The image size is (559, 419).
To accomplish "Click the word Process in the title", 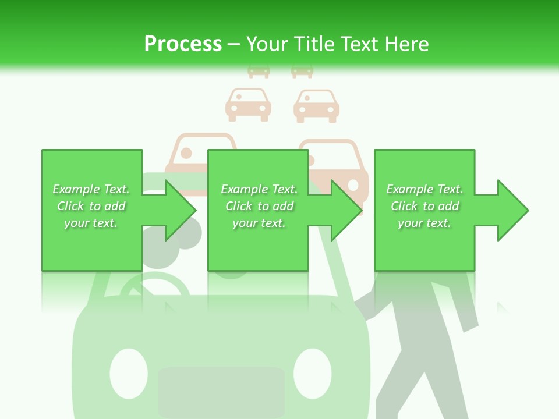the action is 183,44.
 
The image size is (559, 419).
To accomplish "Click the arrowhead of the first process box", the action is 181,210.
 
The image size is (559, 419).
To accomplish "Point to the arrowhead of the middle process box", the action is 346,210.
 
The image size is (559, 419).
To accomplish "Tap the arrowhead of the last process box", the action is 513,210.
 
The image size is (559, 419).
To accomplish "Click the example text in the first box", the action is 91,206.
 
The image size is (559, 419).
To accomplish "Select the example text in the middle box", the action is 259,206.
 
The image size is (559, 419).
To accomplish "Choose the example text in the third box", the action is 424,206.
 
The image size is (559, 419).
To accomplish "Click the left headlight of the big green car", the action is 129,374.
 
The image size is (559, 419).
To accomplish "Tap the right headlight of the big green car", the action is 312,374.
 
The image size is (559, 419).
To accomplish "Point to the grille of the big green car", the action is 221,392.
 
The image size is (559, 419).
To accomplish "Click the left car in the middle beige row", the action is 248,105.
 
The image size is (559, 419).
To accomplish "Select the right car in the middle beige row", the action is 316,106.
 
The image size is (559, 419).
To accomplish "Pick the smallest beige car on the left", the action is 259,71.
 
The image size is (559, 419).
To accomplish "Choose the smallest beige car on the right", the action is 302,71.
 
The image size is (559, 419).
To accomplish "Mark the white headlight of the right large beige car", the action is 353,185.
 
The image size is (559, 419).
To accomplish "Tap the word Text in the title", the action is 359,44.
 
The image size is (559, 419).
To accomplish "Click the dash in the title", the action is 233,45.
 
